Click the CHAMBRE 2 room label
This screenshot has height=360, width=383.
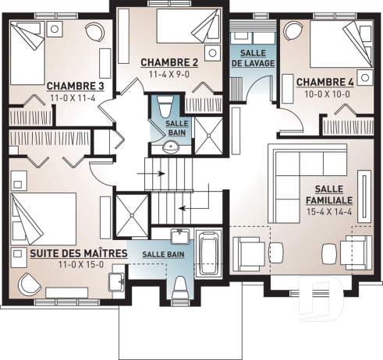pyautogui.click(x=168, y=62)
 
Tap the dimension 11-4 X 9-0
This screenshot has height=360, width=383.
pyautogui.click(x=168, y=76)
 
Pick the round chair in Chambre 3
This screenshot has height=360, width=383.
pyautogui.click(x=95, y=33)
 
